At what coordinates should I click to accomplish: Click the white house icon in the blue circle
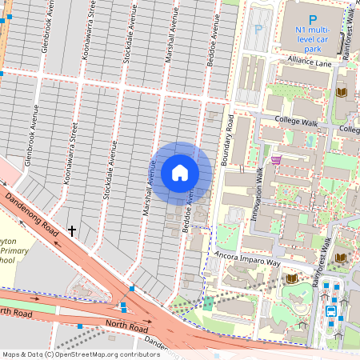click(180, 173)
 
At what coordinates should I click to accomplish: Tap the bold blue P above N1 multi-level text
click(313, 18)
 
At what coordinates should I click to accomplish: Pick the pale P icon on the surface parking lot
click(258, 29)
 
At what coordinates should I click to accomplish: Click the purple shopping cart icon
click(276, 159)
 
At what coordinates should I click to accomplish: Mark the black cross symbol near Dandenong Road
click(72, 230)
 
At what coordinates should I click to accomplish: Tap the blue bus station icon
click(331, 310)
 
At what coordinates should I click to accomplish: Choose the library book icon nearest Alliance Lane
click(341, 93)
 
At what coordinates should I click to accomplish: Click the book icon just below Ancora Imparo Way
click(292, 278)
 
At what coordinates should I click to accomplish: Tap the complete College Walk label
click(297, 120)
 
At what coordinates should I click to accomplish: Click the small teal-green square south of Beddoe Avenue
click(208, 303)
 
